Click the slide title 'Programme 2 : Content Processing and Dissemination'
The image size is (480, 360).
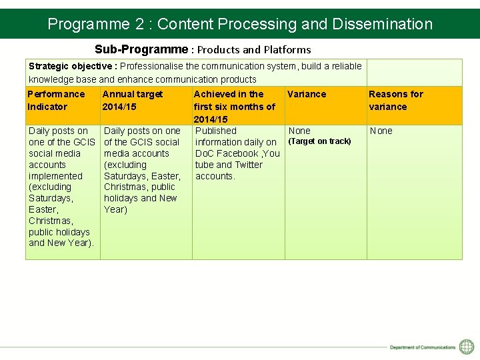point(240,24)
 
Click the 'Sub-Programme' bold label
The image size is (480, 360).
point(141,49)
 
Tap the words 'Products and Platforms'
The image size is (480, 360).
point(254,49)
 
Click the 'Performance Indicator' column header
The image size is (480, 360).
point(57,101)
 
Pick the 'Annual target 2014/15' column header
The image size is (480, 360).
point(133,101)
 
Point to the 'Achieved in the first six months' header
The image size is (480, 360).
point(234,107)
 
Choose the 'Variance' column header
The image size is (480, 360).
point(307,94)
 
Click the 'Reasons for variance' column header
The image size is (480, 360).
point(396,101)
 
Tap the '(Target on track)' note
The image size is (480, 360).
point(319,141)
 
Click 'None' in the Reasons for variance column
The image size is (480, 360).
point(381,131)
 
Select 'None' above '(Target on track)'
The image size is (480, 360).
point(299,131)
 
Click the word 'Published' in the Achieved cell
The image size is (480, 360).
point(216,131)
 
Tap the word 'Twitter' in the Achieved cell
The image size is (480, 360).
point(249,165)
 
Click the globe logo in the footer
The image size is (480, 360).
point(467,347)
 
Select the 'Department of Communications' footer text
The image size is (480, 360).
point(423,347)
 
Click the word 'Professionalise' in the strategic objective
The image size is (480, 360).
point(151,66)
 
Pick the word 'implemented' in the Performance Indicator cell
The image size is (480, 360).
point(55,176)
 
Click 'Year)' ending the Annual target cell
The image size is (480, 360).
point(115,209)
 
